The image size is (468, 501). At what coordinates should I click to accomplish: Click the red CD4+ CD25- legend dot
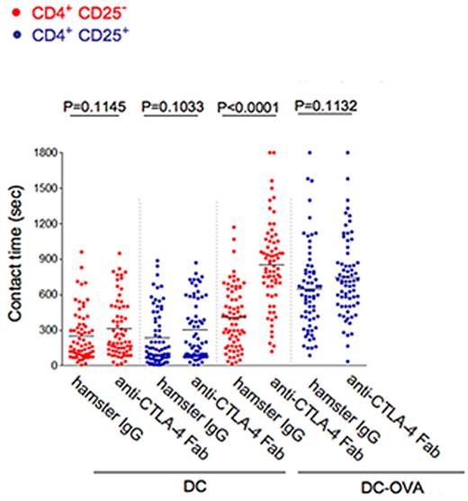tap(8, 13)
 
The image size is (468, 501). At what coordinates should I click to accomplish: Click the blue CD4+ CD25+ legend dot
tap(8, 35)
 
